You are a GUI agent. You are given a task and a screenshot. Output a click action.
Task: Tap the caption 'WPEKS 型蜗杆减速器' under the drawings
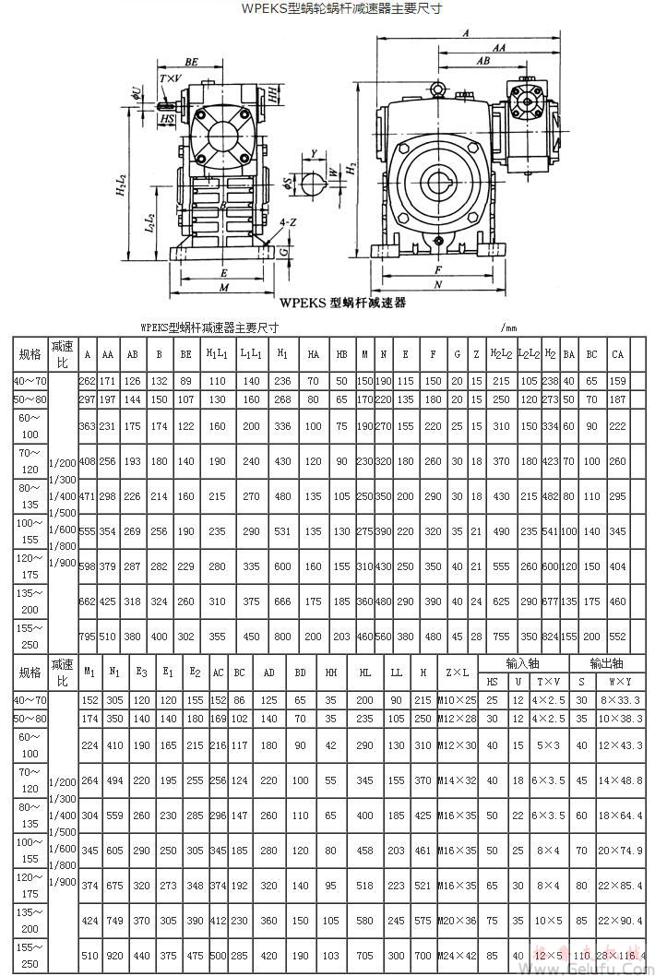(x=343, y=302)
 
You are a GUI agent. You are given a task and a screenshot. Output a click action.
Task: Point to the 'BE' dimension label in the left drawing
(x=191, y=62)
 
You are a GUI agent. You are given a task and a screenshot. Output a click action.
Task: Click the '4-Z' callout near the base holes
(x=287, y=222)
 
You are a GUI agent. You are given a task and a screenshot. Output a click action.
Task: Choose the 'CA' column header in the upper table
(x=617, y=354)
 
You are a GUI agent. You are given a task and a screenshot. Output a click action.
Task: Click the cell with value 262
(x=88, y=381)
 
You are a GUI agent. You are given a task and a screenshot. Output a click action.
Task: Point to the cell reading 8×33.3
(x=621, y=700)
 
